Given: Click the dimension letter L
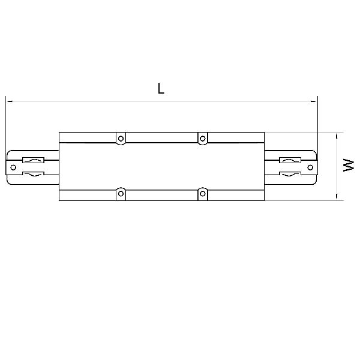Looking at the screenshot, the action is pos(161,88).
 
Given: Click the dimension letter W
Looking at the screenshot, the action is pos(349,165).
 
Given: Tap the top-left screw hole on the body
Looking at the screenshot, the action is pos(121,139).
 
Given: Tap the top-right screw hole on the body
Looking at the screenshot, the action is pos(203,139).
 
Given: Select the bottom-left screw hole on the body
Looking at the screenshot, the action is pos(121,194).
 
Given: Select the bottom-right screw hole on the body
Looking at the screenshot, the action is pos(203,194).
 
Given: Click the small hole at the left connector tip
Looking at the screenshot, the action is pos(13,167).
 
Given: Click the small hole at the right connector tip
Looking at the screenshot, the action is pos(310,167).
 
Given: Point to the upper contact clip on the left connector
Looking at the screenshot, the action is pos(33,160).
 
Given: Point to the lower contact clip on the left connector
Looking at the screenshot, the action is pos(33,175).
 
